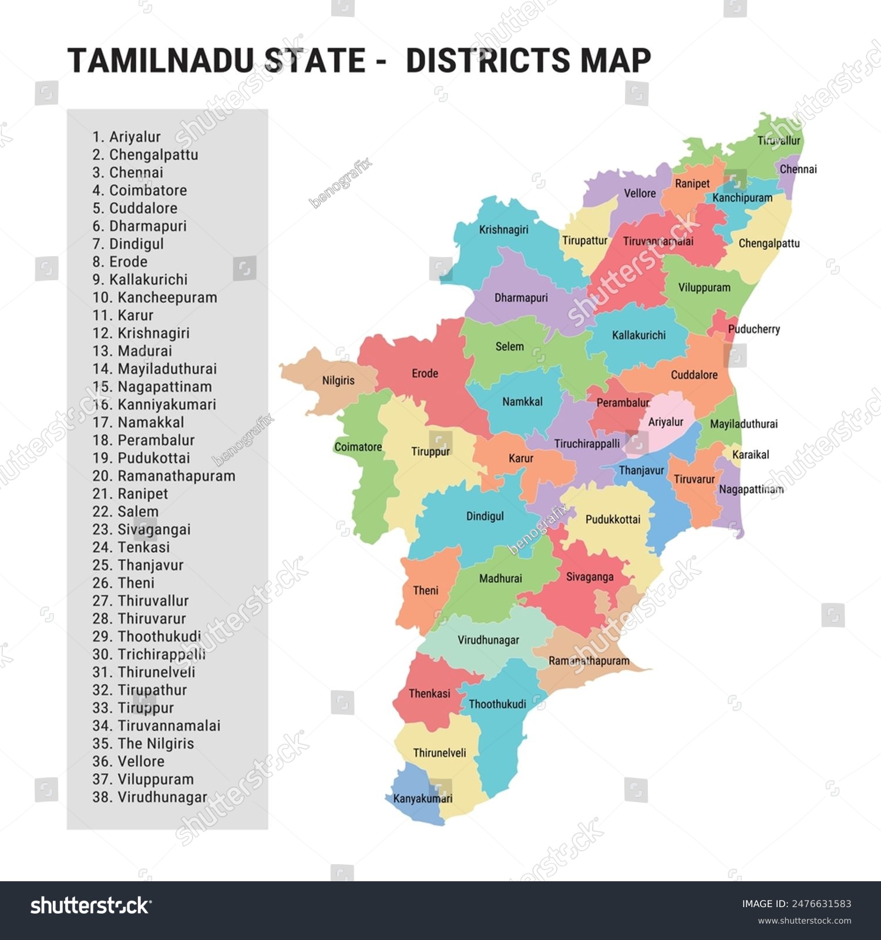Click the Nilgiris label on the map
(338, 380)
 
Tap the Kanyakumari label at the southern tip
(423, 798)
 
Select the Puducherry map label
(754, 329)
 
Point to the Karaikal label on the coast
(751, 454)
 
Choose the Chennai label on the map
(798, 169)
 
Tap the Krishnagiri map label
(503, 230)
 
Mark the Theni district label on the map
(425, 590)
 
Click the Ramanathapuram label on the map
(589, 661)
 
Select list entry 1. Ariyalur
(126, 137)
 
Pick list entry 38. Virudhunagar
(150, 797)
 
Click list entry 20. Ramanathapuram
(164, 476)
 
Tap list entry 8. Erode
(120, 261)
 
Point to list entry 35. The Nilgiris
(143, 744)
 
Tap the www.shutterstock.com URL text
(804, 921)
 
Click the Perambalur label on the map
(623, 402)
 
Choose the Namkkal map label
(522, 402)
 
